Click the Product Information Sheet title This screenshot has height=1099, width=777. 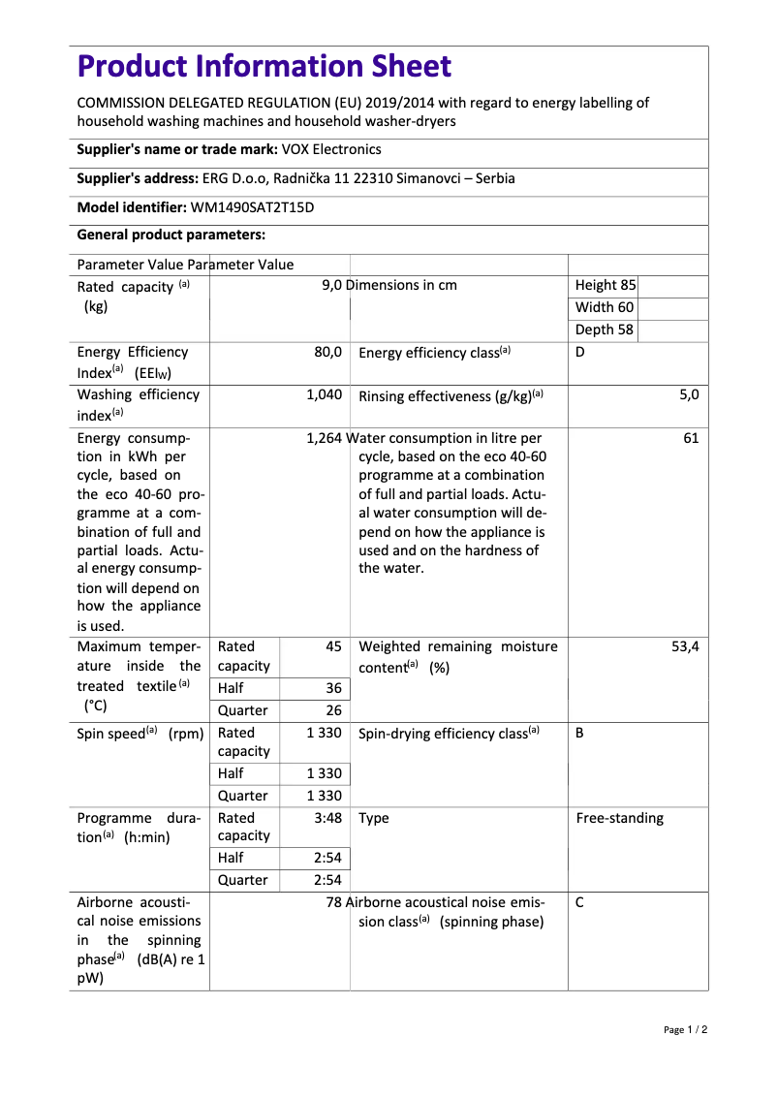(x=264, y=67)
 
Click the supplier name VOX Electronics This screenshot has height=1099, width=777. (x=331, y=149)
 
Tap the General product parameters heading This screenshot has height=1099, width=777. (x=171, y=235)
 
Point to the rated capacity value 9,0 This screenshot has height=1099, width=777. (x=331, y=286)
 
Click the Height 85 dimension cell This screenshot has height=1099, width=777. (x=606, y=286)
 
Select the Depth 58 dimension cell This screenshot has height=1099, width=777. (x=605, y=330)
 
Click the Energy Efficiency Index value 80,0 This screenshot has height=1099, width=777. (x=328, y=353)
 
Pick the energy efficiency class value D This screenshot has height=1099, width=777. (x=580, y=353)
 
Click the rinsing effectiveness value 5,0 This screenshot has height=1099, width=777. (x=689, y=395)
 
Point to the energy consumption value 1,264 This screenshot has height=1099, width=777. (x=324, y=439)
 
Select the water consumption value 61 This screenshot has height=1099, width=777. (x=691, y=439)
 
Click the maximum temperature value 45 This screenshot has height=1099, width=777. (x=333, y=647)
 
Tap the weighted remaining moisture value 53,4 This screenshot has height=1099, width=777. (x=685, y=647)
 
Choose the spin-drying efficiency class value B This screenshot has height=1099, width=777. (x=580, y=734)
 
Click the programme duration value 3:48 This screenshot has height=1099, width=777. (x=328, y=819)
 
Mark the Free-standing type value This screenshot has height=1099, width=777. (x=620, y=819)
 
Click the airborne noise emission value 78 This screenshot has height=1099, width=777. (x=334, y=903)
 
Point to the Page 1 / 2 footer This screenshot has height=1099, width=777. (x=686, y=1030)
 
